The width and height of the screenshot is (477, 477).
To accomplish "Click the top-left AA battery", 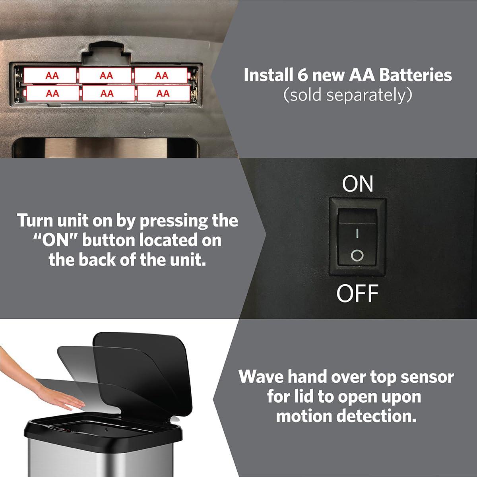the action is coord(50,75).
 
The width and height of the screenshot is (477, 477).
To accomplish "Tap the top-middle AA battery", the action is coord(105,75).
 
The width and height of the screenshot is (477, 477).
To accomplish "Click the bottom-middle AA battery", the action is coord(109,93).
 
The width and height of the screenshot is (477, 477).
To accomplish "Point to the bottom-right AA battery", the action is coord(164,93).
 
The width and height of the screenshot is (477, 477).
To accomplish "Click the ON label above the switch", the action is coord(357,184).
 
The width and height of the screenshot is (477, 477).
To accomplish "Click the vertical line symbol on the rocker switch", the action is coord(357,233).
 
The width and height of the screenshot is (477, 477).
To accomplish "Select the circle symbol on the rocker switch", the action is coord(357,255).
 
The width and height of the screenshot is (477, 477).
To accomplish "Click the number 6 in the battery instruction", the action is coord(302,75).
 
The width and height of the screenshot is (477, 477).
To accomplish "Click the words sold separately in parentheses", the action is coord(348,95).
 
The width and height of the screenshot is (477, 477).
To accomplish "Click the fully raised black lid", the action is coord(143,374).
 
